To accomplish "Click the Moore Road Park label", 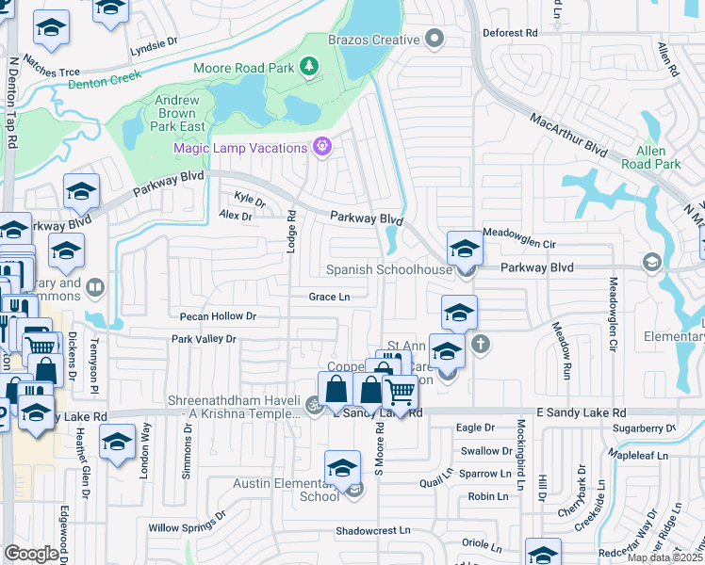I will tap(244, 68).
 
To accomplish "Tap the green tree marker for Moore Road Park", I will tap(307, 66).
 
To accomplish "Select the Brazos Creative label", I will tap(372, 40).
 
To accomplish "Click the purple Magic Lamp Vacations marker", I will tap(322, 147).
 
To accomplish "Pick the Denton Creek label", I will tap(105, 79).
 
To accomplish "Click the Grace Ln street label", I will tap(329, 297).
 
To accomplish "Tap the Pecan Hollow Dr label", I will tap(211, 316).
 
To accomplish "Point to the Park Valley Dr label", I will tap(204, 339).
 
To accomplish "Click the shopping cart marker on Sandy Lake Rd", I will tap(401, 390).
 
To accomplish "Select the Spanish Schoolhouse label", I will tap(389, 269).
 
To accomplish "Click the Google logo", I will tap(32, 554).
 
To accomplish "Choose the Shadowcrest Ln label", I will tap(373, 531).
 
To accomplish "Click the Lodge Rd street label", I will tap(292, 230).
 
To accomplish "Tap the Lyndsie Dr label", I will tap(154, 43).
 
